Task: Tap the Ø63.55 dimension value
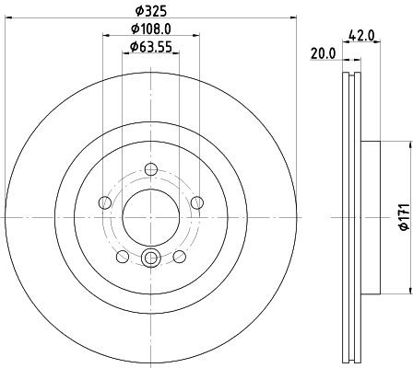[x=151, y=46]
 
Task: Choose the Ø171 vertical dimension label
[x=403, y=216]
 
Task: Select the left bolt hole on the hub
[x=104, y=202]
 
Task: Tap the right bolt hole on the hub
[x=197, y=202]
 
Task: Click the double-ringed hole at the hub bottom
[x=151, y=259]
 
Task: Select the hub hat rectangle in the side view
[x=369, y=217]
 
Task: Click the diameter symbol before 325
[x=136, y=10]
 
